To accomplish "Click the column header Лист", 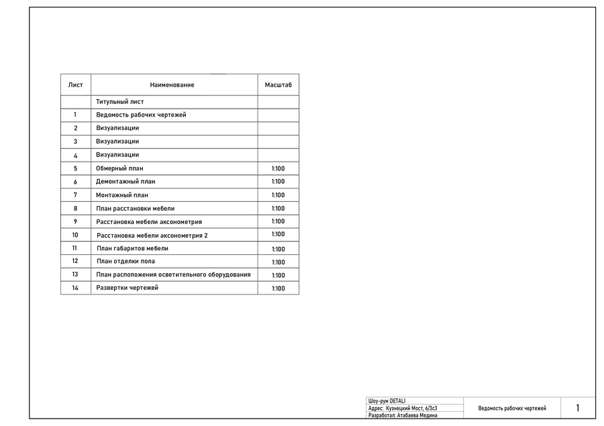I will click(76, 85).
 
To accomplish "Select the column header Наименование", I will click(172, 85).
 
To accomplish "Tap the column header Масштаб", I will click(278, 85).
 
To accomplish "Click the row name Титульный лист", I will click(119, 102).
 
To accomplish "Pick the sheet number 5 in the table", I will click(75, 168).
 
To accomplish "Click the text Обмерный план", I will click(119, 168).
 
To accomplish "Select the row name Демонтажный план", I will click(125, 182).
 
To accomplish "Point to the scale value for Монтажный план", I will click(278, 195).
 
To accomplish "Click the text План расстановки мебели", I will click(135, 209).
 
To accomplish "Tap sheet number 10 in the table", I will click(75, 235).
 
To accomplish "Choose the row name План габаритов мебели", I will click(132, 248).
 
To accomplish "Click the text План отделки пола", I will click(125, 261).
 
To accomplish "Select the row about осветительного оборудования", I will click(173, 274).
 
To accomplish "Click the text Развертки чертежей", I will click(128, 288).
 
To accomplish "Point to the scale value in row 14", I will click(278, 288).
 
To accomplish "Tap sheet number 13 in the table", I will click(75, 274).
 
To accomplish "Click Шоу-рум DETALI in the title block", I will click(387, 401).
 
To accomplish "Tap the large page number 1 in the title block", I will click(578, 408).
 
